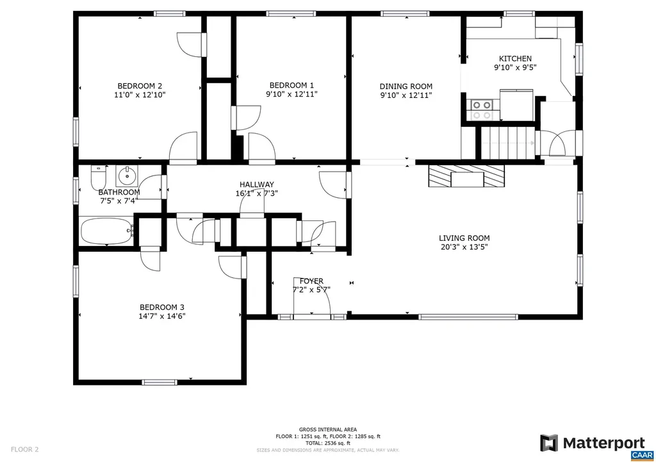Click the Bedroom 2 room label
click(x=139, y=86)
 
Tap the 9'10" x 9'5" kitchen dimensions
click(x=514, y=67)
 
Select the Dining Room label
click(x=406, y=86)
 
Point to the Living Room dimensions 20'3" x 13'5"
click(x=464, y=247)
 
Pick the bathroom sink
click(x=127, y=174)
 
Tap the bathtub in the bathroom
click(x=106, y=231)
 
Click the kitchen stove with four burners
click(x=481, y=110)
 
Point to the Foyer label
click(x=311, y=281)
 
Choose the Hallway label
click(x=257, y=184)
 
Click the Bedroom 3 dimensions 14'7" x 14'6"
click(x=162, y=316)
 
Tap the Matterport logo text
click(x=603, y=443)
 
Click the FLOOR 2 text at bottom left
click(x=24, y=450)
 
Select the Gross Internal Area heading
click(x=328, y=429)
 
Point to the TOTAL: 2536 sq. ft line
click(x=328, y=443)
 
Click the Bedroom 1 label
click(x=291, y=85)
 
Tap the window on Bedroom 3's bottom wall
click(x=160, y=382)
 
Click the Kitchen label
click(x=515, y=58)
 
